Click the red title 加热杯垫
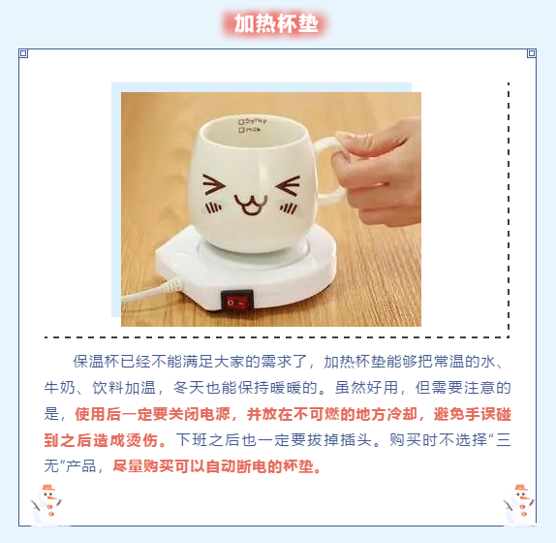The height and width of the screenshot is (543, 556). point(276,24)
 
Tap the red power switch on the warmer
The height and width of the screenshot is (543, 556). point(237,302)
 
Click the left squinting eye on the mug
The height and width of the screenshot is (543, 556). point(214,185)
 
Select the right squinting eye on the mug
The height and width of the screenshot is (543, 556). point(288,185)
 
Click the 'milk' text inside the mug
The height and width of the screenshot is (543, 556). point(250,130)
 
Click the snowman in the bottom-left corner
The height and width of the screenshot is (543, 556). point(46,504)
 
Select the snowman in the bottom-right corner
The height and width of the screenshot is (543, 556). point(519,504)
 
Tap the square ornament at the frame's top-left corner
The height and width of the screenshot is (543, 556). point(23,53)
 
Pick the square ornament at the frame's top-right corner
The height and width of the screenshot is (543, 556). point(531,53)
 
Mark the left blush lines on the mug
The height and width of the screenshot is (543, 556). point(214,208)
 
